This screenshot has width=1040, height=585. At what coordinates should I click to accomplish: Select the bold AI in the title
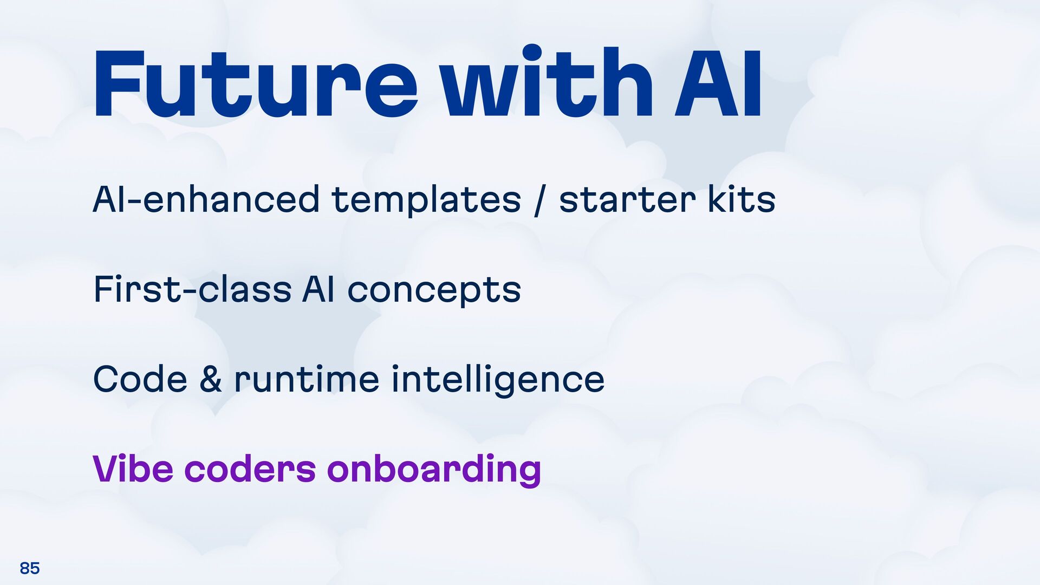click(718, 84)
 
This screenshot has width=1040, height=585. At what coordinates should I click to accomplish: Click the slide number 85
click(30, 568)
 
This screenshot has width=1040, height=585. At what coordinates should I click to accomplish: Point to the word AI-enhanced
click(206, 199)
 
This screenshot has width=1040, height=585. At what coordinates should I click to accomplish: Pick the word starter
click(627, 199)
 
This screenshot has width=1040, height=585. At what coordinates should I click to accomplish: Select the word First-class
click(193, 289)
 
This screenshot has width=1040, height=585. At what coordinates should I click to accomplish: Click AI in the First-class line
click(318, 289)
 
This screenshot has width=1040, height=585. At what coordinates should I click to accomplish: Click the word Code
click(140, 379)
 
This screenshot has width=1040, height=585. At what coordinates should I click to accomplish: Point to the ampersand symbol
click(211, 379)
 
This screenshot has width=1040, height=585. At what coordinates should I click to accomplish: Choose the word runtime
click(307, 379)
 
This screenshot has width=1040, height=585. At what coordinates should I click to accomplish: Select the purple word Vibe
click(133, 469)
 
